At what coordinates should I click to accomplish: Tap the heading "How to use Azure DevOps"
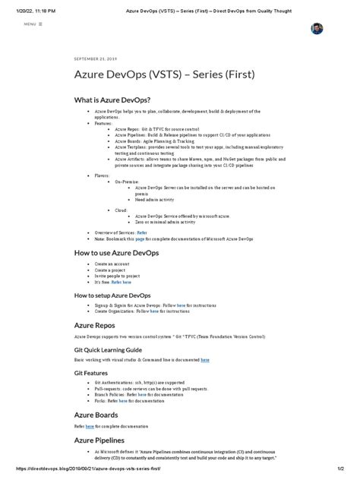[x=116, y=253]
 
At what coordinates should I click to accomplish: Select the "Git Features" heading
[x=96, y=374]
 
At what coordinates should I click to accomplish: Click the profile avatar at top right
[x=317, y=28]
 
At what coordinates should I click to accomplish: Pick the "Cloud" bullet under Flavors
[x=120, y=210]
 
